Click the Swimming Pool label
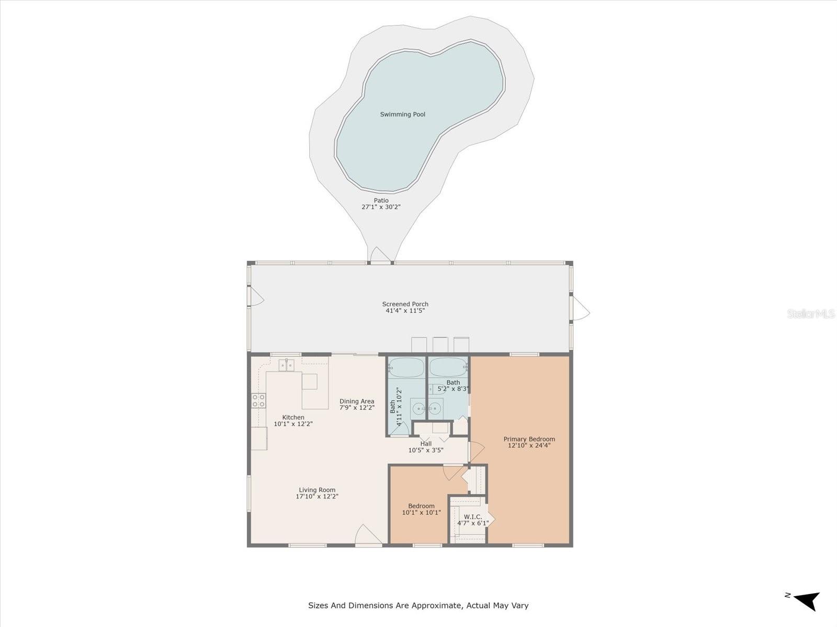[402, 114]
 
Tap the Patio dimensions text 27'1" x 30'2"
[381, 207]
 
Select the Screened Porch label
[405, 304]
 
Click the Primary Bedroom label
[529, 439]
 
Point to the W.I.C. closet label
[473, 517]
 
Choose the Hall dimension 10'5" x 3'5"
[426, 450]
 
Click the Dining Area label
[357, 401]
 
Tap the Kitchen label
[293, 417]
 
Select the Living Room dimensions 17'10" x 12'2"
[317, 497]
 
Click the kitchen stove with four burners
[258, 400]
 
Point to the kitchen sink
[286, 365]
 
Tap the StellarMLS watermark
[811, 313]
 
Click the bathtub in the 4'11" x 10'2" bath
[406, 367]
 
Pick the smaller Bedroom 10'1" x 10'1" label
[421, 506]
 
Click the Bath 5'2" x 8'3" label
[453, 382]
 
